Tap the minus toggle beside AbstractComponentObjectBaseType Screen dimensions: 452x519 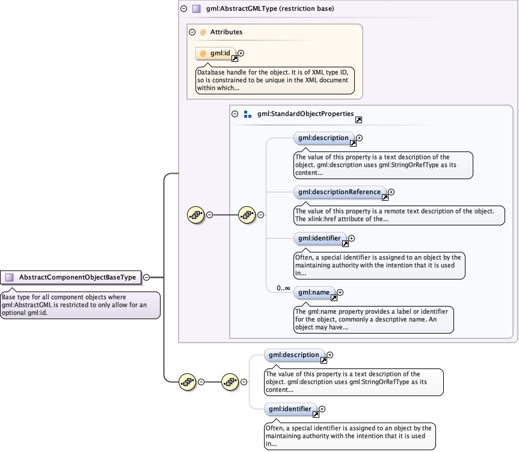point(146,277)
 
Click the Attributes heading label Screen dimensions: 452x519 point(226,32)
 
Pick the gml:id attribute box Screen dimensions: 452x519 point(215,53)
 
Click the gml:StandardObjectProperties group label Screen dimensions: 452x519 point(305,114)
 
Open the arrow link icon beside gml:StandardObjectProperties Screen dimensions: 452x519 point(358,120)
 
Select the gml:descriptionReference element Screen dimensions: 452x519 point(339,192)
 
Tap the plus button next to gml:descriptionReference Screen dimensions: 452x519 point(391,192)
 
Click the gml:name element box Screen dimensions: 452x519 point(313,293)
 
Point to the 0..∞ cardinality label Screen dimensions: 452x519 point(283,288)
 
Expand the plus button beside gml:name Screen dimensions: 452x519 point(340,293)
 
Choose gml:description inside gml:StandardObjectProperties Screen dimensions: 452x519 point(323,138)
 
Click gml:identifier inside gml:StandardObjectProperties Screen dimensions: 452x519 point(319,239)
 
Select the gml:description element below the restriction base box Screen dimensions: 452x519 point(293,355)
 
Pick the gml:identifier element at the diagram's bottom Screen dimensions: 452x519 point(289,409)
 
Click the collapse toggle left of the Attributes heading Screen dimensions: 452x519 point(192,32)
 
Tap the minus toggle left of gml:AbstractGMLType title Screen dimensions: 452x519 point(183,9)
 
